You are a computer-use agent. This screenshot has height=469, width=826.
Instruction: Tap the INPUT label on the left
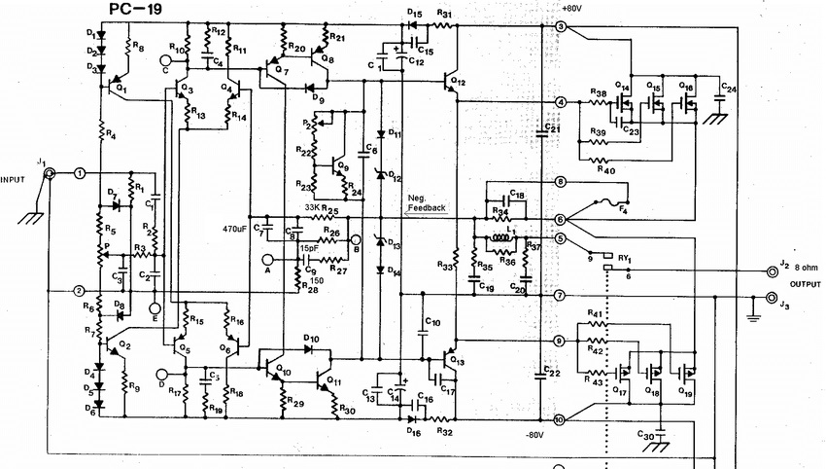click(13, 180)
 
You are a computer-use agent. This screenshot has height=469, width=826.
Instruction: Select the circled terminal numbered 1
click(81, 173)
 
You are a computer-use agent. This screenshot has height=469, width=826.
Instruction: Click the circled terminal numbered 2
click(81, 290)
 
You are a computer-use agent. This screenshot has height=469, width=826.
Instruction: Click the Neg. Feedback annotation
click(426, 203)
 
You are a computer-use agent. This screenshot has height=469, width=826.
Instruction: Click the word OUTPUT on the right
click(803, 285)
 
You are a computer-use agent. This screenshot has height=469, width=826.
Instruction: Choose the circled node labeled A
click(269, 260)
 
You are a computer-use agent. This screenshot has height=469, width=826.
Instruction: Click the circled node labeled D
click(161, 372)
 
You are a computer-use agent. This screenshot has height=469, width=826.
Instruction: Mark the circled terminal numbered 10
click(560, 420)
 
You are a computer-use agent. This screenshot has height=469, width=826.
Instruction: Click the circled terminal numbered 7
click(560, 295)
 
